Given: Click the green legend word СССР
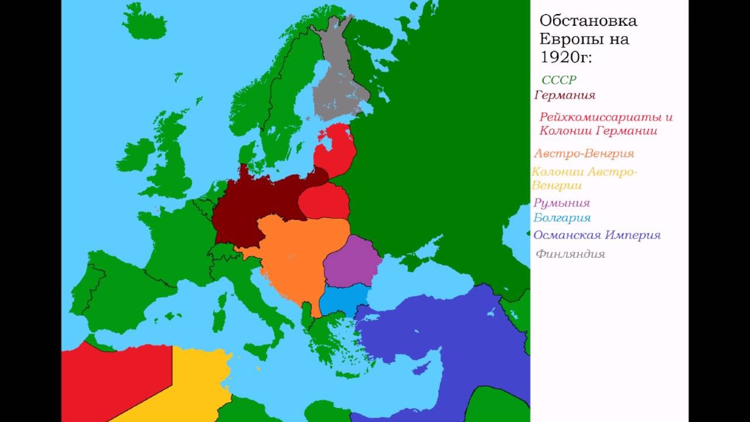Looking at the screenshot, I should (x=559, y=80).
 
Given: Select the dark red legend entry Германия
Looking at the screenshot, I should (x=565, y=95).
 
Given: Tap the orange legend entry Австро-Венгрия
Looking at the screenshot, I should (x=584, y=154).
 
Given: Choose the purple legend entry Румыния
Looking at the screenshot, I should (x=562, y=203).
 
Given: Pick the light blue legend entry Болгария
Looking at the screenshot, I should (x=562, y=218).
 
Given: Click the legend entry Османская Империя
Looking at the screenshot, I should (x=597, y=235).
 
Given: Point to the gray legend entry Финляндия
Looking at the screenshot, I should (x=570, y=254).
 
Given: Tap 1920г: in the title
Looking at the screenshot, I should (x=566, y=57).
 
